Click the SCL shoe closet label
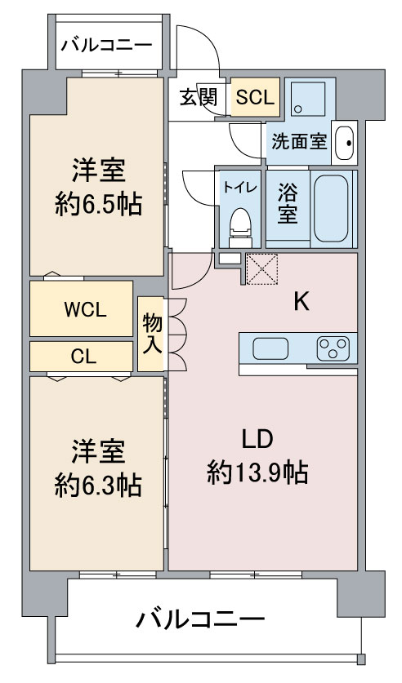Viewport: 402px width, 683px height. pyautogui.click(x=255, y=97)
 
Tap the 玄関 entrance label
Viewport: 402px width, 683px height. pyautogui.click(x=199, y=98)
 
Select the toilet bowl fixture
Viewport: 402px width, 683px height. pyautogui.click(x=241, y=227)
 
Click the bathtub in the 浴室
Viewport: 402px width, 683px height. pyautogui.click(x=332, y=208)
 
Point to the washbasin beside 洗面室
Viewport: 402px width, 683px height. pyautogui.click(x=345, y=143)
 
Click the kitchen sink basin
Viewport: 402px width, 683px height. pyautogui.click(x=270, y=349)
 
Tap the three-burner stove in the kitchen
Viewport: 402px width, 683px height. pyautogui.click(x=333, y=348)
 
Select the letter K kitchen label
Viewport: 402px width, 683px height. pyautogui.click(x=301, y=301)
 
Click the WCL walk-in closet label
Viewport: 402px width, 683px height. pyautogui.click(x=85, y=310)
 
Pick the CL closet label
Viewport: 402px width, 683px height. pyautogui.click(x=83, y=357)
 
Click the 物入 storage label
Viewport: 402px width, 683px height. pyautogui.click(x=152, y=334)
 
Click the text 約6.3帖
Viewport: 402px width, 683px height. pyautogui.click(x=98, y=486)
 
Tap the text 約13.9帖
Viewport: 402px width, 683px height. pyautogui.click(x=257, y=472)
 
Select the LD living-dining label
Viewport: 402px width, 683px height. pyautogui.click(x=257, y=440)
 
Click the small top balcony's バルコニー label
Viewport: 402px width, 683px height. pyautogui.click(x=106, y=45)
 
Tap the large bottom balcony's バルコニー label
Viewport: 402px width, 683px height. pyautogui.click(x=200, y=619)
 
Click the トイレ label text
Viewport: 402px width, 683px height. pyautogui.click(x=240, y=188)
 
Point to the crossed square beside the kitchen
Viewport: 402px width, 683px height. pyautogui.click(x=262, y=268)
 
